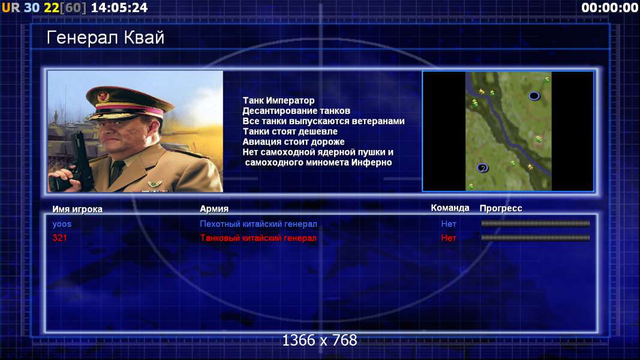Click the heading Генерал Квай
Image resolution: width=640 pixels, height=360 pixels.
(106, 38)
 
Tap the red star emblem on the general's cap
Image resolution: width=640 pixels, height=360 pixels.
(103, 97)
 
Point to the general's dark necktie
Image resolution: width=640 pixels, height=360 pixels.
(118, 169)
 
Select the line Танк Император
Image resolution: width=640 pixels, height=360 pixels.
(279, 100)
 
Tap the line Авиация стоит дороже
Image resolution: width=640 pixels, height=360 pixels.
(293, 142)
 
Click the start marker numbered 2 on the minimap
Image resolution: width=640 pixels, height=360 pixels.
(482, 168)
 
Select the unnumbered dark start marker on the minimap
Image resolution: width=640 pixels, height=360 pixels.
(534, 96)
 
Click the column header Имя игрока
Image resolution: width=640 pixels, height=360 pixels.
(77, 209)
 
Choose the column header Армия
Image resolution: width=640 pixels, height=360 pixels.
(214, 209)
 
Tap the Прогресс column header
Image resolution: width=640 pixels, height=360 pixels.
(501, 208)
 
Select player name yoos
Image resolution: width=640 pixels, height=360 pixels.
(62, 224)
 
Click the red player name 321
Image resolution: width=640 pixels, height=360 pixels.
(59, 238)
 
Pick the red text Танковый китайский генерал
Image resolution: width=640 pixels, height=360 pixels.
(259, 238)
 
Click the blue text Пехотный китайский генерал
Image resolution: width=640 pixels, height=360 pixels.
(259, 224)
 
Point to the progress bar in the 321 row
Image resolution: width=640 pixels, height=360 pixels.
(536, 238)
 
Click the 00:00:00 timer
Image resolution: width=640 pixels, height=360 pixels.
(610, 8)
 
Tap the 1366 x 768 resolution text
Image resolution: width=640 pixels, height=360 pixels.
(320, 340)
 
